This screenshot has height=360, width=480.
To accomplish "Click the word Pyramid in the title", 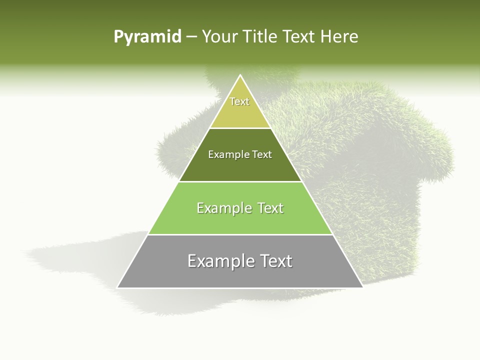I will (147, 36).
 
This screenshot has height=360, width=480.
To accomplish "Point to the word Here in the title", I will (339, 36).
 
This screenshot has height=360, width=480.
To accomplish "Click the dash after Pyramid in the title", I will (191, 37).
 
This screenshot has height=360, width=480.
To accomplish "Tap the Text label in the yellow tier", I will (239, 101).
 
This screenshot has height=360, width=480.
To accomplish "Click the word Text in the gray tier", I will (274, 261).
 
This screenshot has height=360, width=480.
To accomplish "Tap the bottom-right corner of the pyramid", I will (362, 287).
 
